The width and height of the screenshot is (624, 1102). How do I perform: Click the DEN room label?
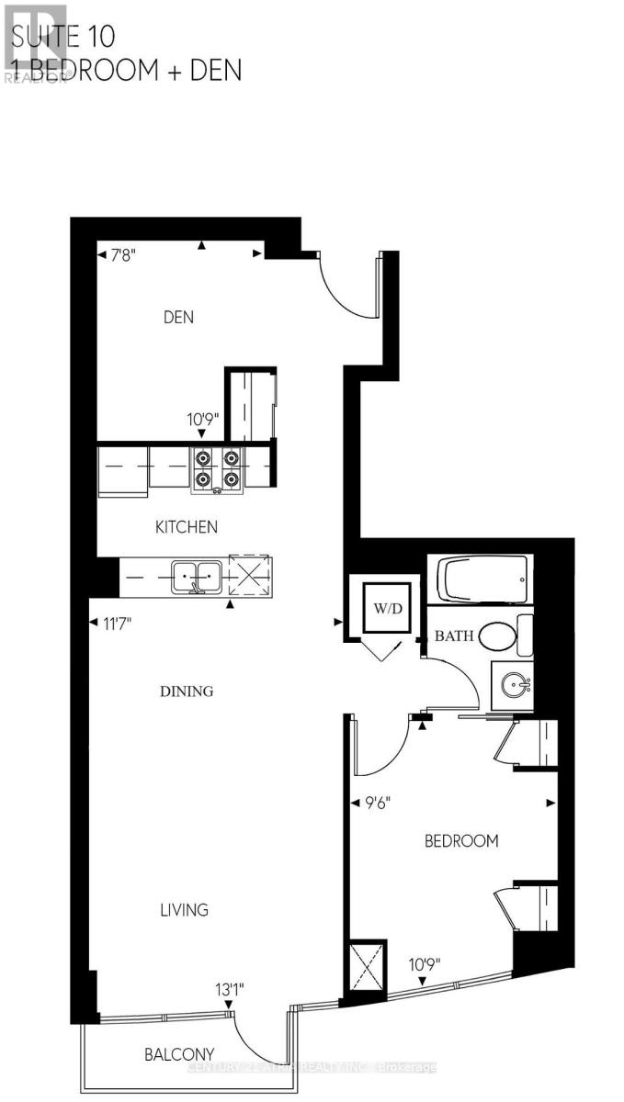point(180,317)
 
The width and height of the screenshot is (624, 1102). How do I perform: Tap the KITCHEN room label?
point(186,527)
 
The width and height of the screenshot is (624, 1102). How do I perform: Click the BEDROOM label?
point(460,840)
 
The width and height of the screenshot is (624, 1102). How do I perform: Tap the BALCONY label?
point(179,1054)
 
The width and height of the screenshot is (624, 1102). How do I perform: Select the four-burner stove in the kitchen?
point(217,468)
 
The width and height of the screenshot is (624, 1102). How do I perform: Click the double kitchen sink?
point(198,576)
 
